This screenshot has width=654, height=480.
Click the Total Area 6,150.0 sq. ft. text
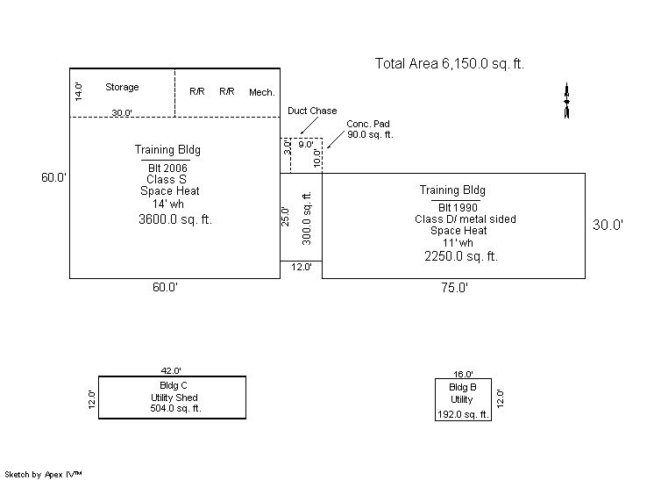click(449, 64)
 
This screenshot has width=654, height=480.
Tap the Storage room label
click(122, 87)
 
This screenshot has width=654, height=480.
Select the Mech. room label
click(262, 92)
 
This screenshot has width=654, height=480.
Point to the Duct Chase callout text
click(312, 111)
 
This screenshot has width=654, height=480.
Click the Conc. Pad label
click(368, 124)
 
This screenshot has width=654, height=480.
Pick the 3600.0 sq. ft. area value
click(175, 219)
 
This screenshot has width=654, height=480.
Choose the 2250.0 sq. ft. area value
click(461, 256)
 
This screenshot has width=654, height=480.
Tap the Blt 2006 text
click(167, 168)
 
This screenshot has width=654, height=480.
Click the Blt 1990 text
click(458, 207)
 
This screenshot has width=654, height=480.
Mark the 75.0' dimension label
click(455, 288)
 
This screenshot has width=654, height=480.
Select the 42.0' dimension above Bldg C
click(171, 370)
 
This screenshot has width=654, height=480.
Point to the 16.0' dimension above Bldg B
click(463, 375)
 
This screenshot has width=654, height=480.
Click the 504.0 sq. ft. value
click(175, 408)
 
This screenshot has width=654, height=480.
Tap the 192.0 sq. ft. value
click(463, 414)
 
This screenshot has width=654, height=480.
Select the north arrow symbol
click(566, 101)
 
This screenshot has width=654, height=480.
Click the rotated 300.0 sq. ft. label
click(307, 218)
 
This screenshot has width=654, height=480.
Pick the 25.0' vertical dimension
click(285, 217)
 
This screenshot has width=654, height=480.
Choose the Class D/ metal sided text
click(465, 219)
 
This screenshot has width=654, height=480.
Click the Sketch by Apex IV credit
click(43, 475)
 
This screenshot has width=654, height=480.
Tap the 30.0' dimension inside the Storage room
click(122, 112)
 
